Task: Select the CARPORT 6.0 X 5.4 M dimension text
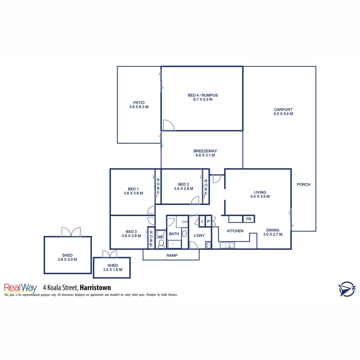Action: pyautogui.click(x=283, y=114)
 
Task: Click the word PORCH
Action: pyautogui.click(x=303, y=184)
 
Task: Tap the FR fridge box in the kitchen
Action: pyautogui.click(x=249, y=219)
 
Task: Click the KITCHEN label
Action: pyautogui.click(x=235, y=231)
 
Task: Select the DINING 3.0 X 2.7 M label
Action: pyautogui.click(x=272, y=232)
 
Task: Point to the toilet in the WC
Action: pyautogui.click(x=161, y=244)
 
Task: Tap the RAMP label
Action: pyautogui.click(x=172, y=256)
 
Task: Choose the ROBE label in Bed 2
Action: pyautogui.click(x=206, y=187)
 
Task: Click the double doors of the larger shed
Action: pyautogui.click(x=71, y=232)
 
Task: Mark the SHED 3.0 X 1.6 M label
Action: pyautogui.click(x=112, y=268)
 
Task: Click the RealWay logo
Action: pyautogui.click(x=20, y=288)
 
